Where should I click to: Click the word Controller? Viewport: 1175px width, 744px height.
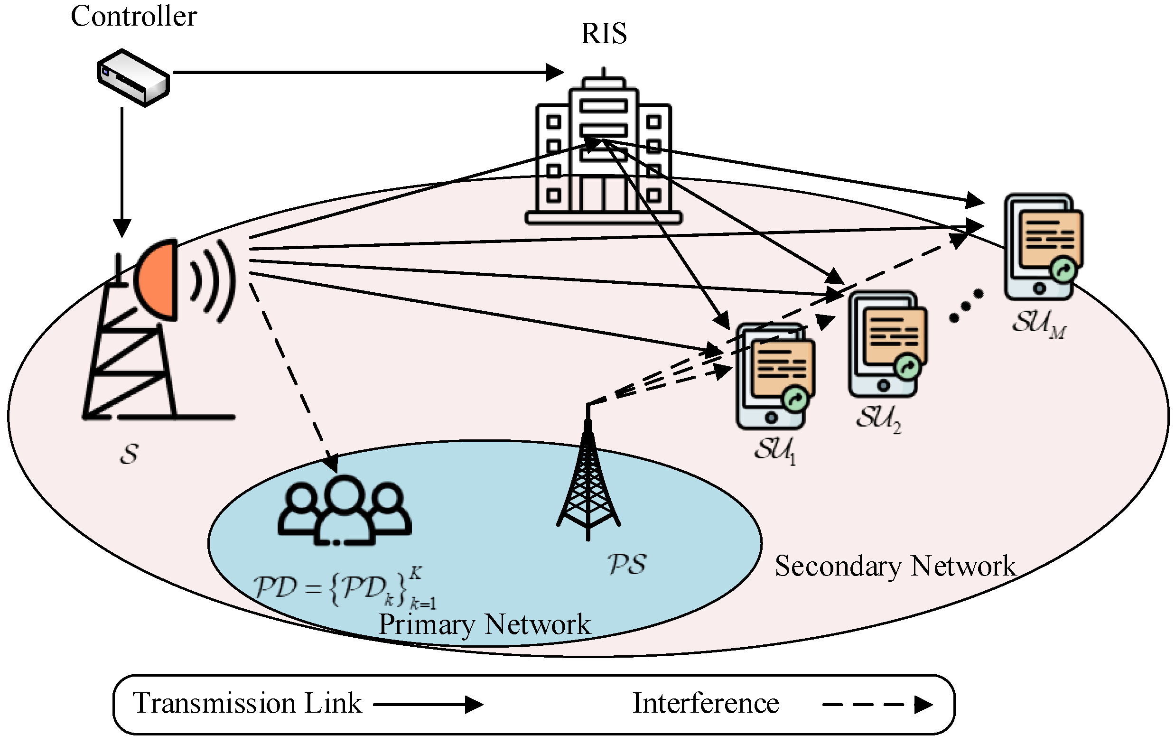[134, 17]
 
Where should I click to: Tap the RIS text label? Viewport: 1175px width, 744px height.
[604, 34]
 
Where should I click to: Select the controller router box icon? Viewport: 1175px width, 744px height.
[133, 77]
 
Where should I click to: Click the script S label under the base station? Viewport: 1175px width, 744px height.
[129, 454]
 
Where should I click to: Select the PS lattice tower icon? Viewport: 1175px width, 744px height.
[588, 483]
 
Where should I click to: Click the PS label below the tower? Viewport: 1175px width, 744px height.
[627, 564]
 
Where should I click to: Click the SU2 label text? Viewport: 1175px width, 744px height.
[878, 418]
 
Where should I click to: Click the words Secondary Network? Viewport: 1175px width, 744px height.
[895, 567]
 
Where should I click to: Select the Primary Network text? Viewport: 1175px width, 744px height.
[484, 624]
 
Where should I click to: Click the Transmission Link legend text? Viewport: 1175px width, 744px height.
[247, 704]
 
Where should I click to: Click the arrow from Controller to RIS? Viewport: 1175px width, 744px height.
[366, 73]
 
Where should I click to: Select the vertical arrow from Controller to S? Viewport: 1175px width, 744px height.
[122, 171]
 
